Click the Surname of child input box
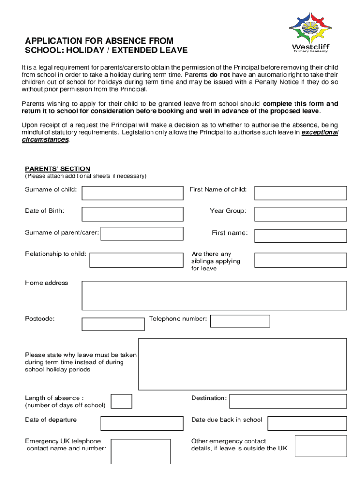click(x=132, y=193)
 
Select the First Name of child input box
click(x=300, y=193)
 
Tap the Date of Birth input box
click(x=132, y=214)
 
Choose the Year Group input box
click(x=300, y=214)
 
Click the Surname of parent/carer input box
click(x=142, y=234)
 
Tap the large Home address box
click(x=214, y=295)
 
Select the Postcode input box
click(x=113, y=324)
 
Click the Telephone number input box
click(x=240, y=321)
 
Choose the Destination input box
click(x=288, y=401)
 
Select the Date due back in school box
click(x=307, y=423)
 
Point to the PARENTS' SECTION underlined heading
click(x=58, y=169)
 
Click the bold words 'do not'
click(x=219, y=74)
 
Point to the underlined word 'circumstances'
click(x=45, y=140)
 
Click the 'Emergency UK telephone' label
click(x=63, y=441)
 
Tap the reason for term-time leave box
click(x=243, y=364)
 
